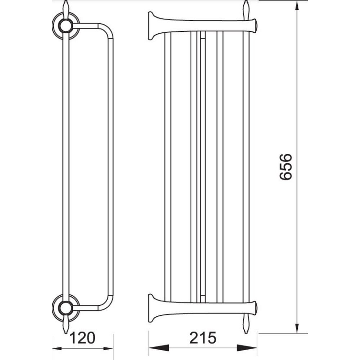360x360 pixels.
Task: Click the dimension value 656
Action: pos(285,167)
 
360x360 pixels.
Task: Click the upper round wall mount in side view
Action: pos(65,26)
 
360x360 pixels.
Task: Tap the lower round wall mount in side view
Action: pos(65,307)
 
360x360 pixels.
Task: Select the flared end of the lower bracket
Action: pos(152,308)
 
